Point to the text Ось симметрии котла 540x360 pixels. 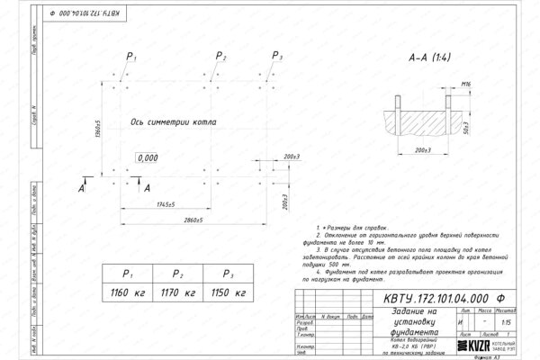point(171,121)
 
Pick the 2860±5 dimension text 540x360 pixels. point(186,220)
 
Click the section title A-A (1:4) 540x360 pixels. point(429,59)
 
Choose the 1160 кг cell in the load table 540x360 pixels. point(128,293)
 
